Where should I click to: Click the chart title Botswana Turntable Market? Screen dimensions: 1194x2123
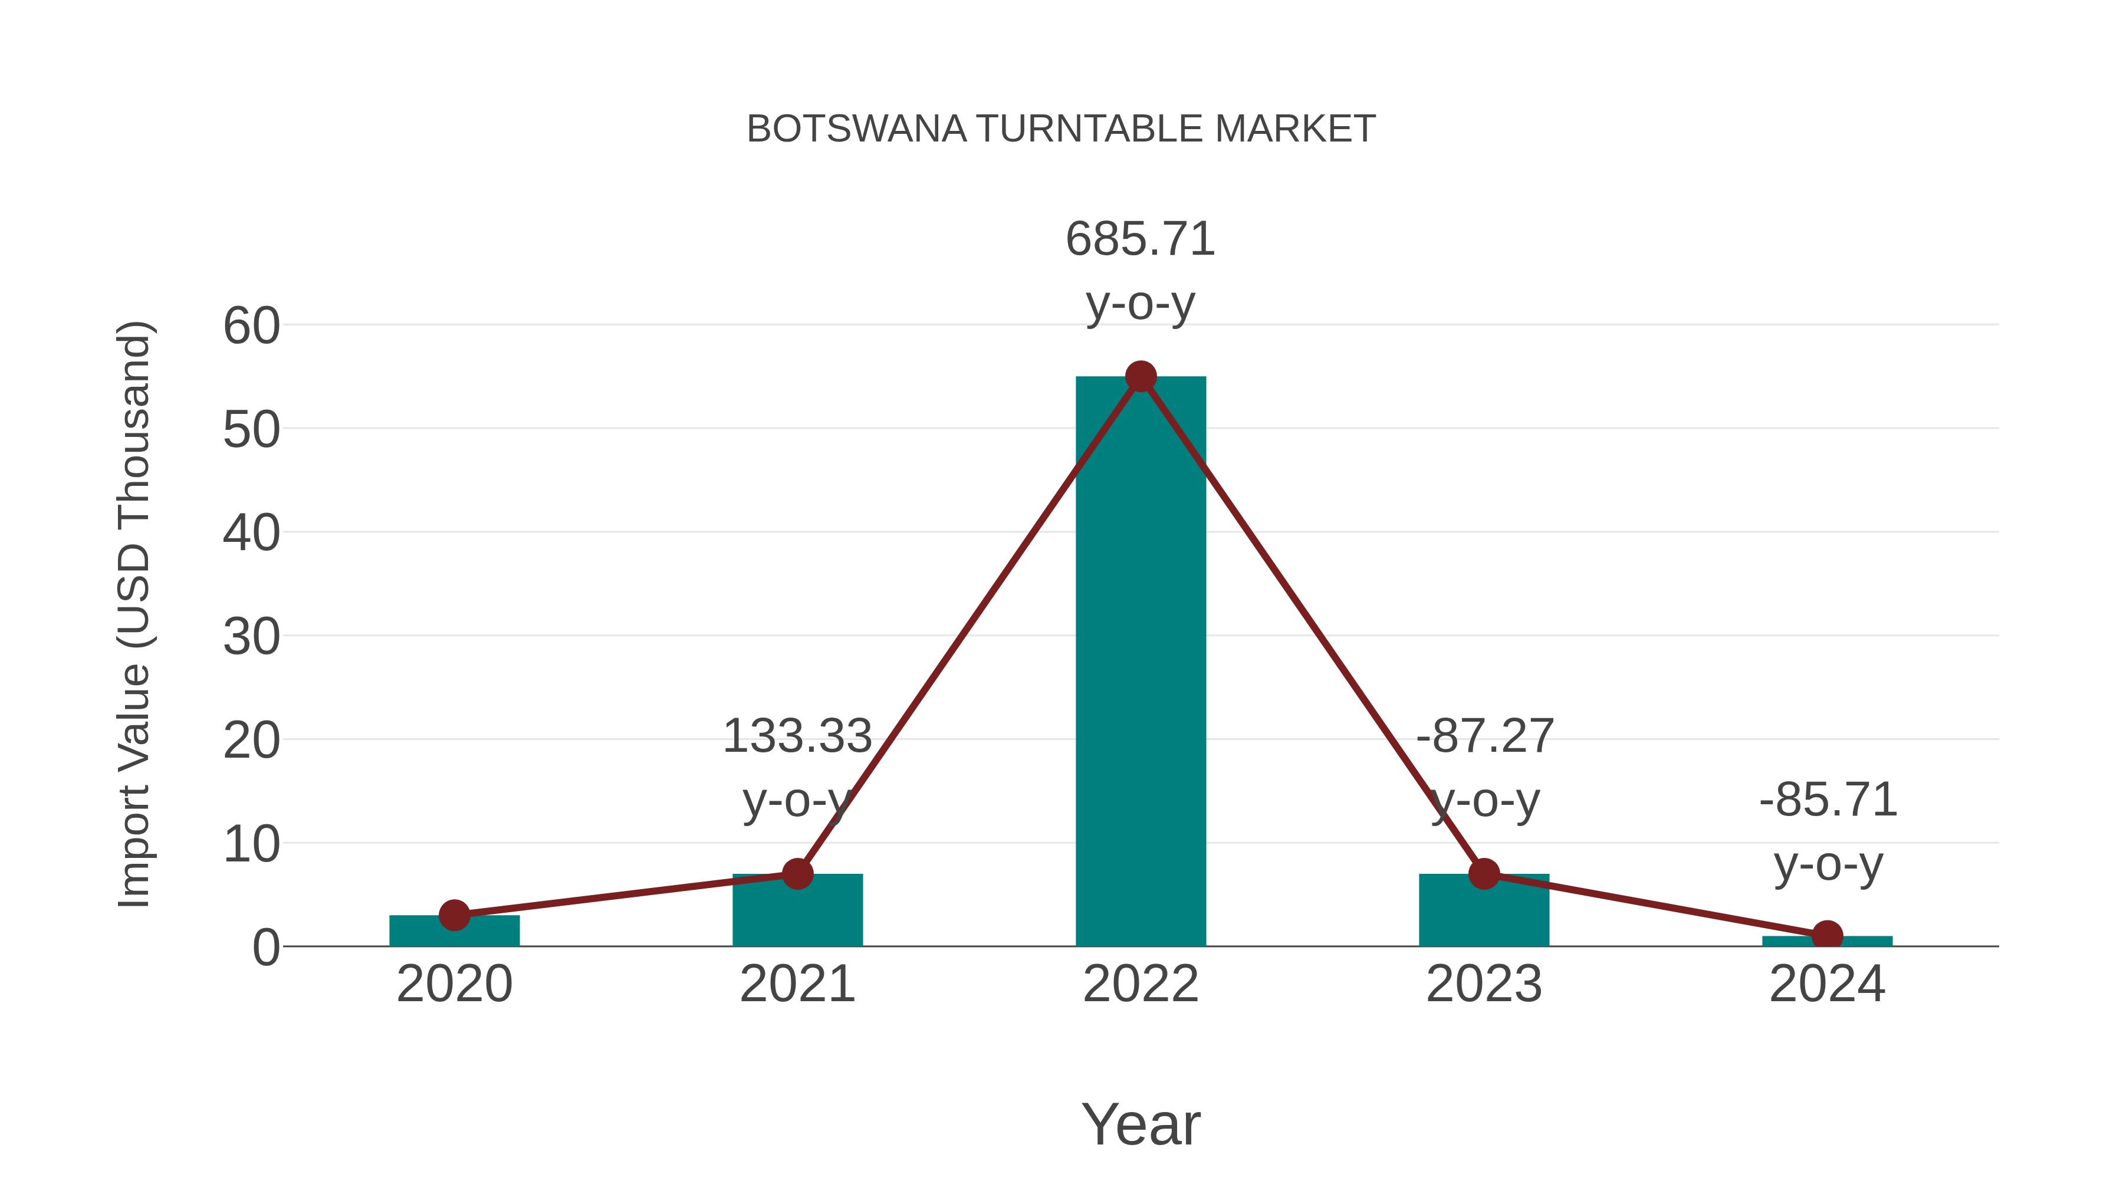[1061, 129]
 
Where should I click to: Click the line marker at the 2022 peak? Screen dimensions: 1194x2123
[1141, 377]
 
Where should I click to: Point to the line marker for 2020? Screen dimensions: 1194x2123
[454, 915]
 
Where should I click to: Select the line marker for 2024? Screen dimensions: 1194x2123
[1827, 935]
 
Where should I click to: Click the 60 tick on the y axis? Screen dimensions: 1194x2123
[251, 325]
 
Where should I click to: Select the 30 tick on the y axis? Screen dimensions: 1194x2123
[251, 637]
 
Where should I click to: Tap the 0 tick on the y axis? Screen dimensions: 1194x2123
[266, 948]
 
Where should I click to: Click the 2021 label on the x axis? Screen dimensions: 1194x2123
[797, 984]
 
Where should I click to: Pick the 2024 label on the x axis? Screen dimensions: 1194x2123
[1827, 984]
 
